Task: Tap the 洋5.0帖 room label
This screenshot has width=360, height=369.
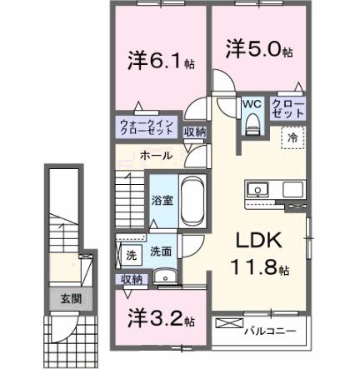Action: [257, 50]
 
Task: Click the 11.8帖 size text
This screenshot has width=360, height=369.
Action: [259, 269]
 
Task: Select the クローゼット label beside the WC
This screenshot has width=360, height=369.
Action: [287, 108]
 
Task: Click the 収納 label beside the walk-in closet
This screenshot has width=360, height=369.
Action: [194, 132]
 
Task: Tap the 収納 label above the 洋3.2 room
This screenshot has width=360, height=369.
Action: [132, 280]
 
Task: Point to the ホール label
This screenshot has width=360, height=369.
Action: [156, 156]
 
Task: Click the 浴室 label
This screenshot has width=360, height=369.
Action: [162, 200]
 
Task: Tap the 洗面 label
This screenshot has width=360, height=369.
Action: [161, 252]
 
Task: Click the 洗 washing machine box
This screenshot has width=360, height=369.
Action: [132, 254]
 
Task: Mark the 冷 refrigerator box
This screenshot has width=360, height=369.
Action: [292, 137]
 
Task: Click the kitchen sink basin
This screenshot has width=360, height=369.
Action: [257, 188]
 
